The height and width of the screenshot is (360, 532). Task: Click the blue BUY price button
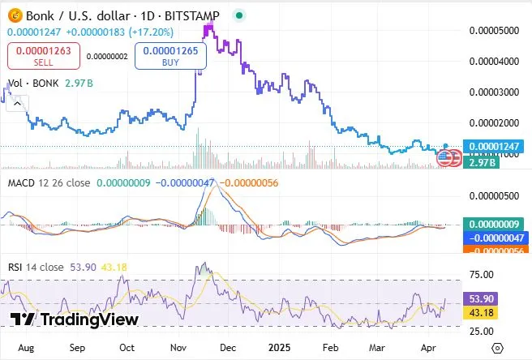pos(171,56)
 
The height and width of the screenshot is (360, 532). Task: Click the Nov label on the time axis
pos(178,346)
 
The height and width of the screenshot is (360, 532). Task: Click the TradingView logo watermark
pos(75,319)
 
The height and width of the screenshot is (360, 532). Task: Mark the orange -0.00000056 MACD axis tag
pos(495,251)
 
